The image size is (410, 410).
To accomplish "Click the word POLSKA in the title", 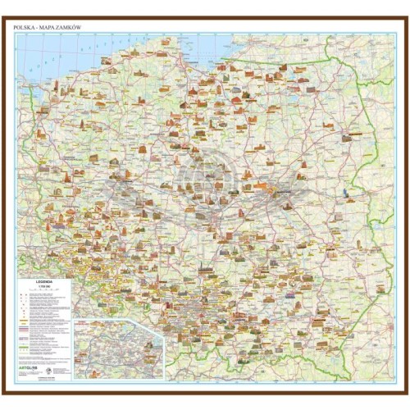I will [25, 27].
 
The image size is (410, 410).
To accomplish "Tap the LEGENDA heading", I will [44, 280].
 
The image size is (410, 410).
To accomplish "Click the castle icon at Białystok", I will [332, 131].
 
